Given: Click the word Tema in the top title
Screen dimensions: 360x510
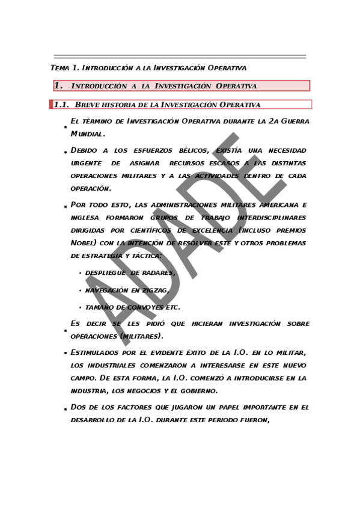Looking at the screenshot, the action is pos(59,67).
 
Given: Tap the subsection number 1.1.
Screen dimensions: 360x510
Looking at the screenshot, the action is pos(62,105).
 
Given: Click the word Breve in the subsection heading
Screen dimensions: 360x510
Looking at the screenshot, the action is pos(87,105).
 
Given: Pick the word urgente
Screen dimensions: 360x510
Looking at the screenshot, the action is pos(87,163).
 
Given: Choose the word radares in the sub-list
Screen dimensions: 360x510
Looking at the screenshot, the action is pos(156,273).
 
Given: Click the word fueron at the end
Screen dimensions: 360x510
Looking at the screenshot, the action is pos(251,420).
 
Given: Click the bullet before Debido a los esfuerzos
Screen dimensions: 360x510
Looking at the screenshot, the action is pos(64,153).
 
